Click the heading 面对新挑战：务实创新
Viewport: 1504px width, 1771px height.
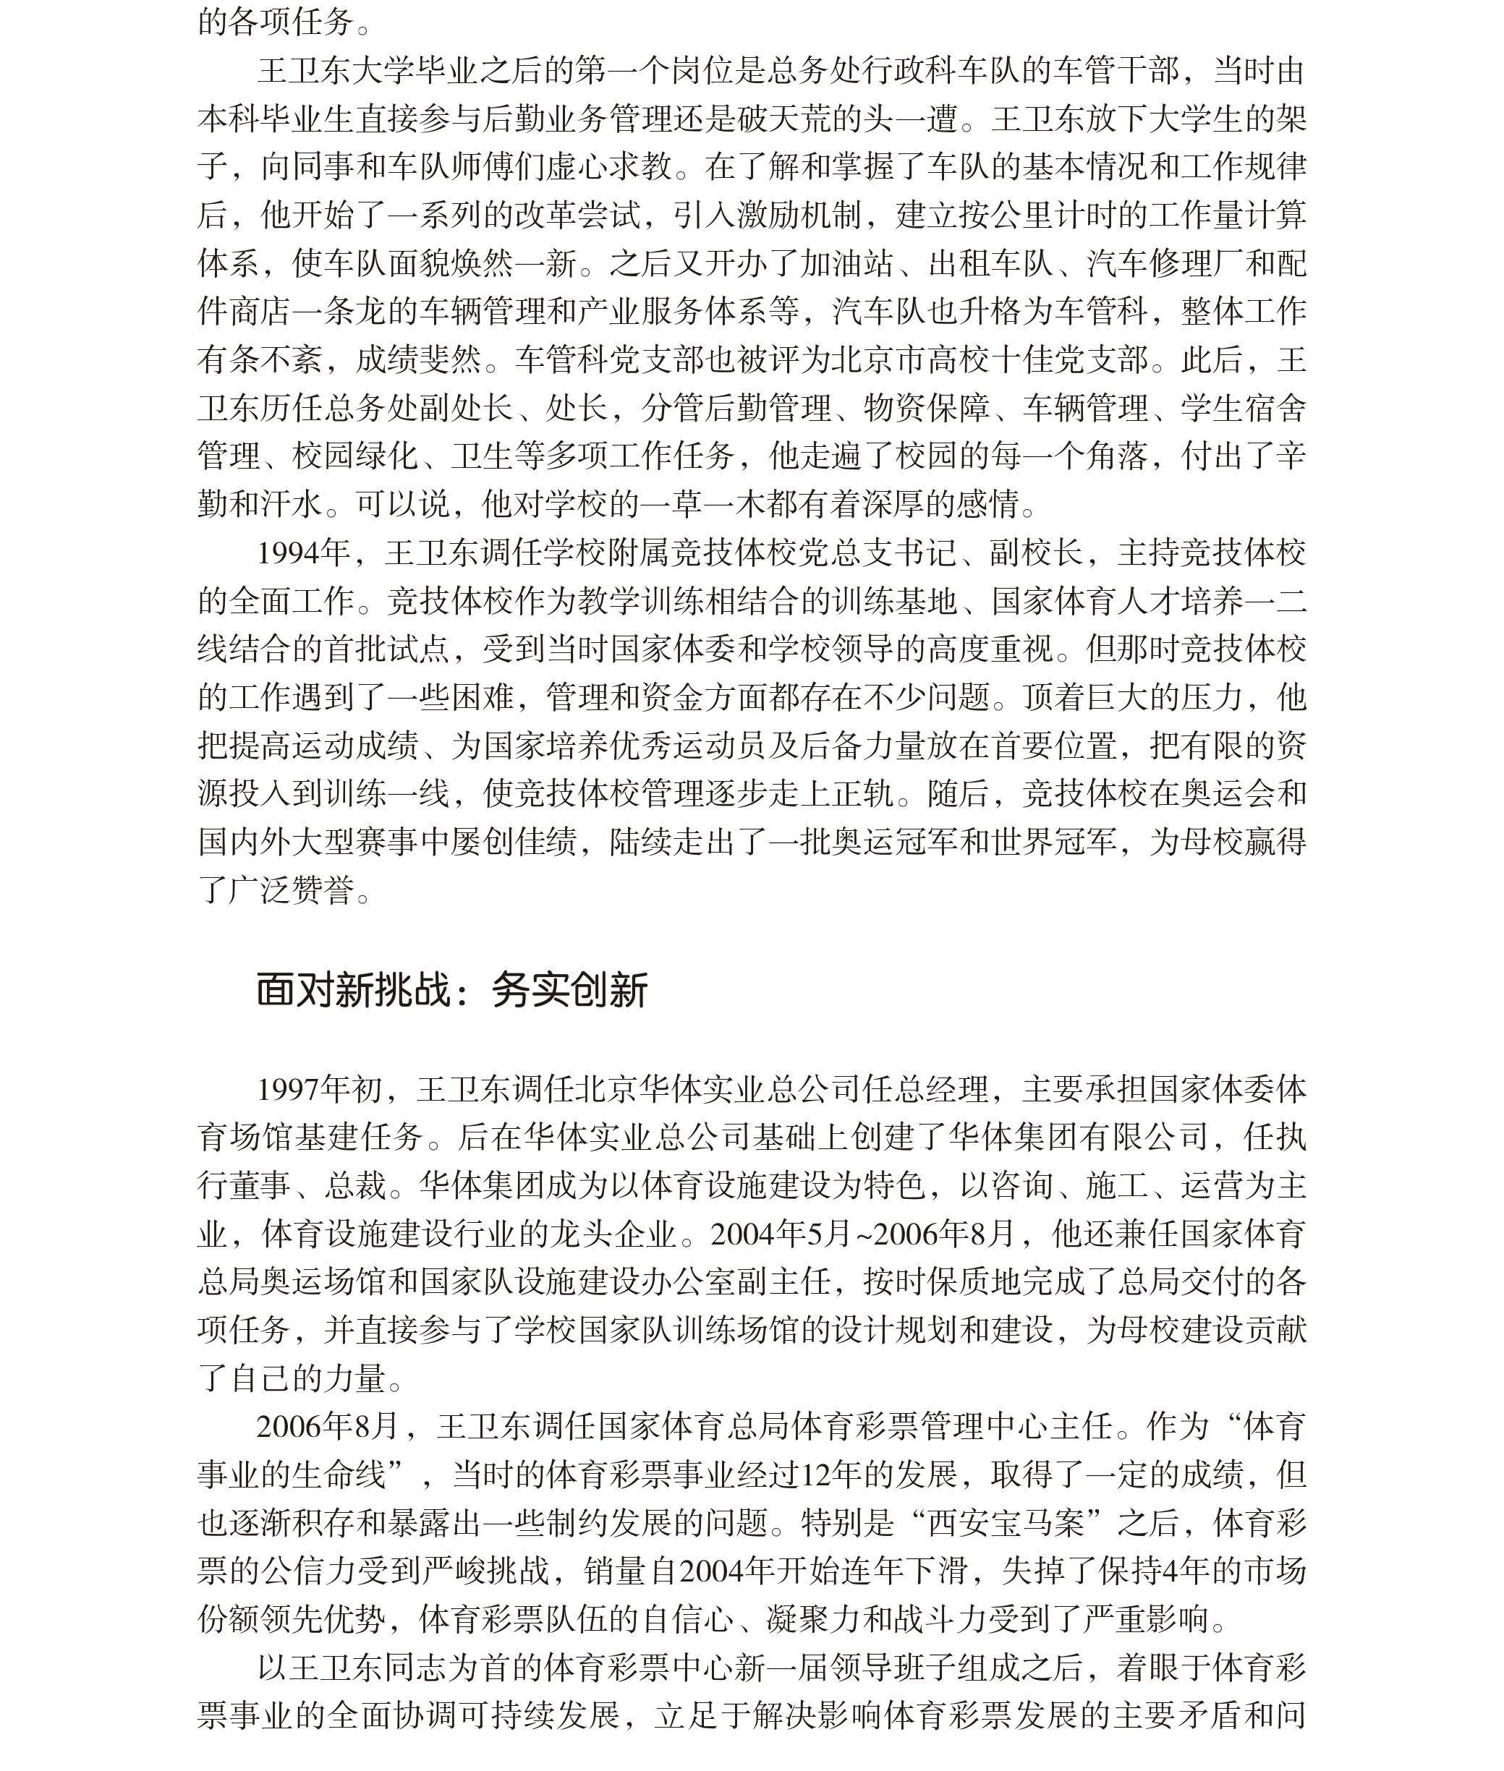point(452,989)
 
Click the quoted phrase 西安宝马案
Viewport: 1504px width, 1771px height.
point(990,1523)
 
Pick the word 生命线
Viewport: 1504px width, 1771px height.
point(340,1475)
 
